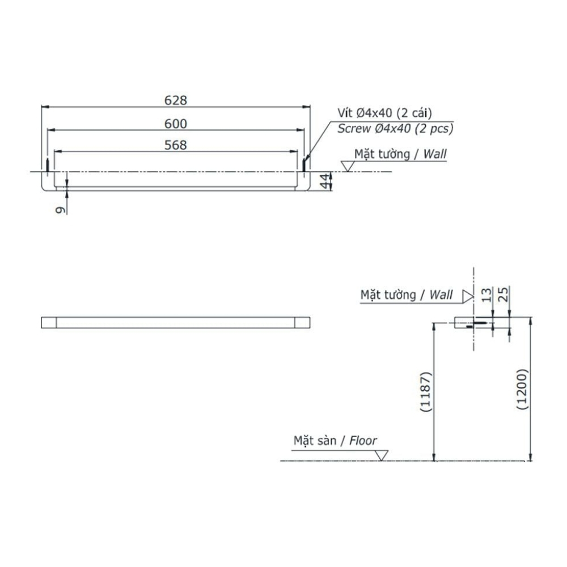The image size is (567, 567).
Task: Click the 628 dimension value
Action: click(x=176, y=100)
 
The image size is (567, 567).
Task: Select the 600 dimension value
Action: click(x=176, y=123)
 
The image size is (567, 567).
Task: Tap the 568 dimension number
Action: click(x=176, y=145)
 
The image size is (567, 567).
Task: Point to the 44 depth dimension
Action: click(x=324, y=181)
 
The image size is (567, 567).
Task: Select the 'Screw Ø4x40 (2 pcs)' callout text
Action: click(x=395, y=129)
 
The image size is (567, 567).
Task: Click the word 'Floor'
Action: click(x=363, y=440)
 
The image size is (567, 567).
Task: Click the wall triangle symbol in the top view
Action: click(x=348, y=166)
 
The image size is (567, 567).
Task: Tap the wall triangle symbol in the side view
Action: click(x=467, y=295)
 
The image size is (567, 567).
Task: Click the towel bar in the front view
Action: click(x=176, y=322)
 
